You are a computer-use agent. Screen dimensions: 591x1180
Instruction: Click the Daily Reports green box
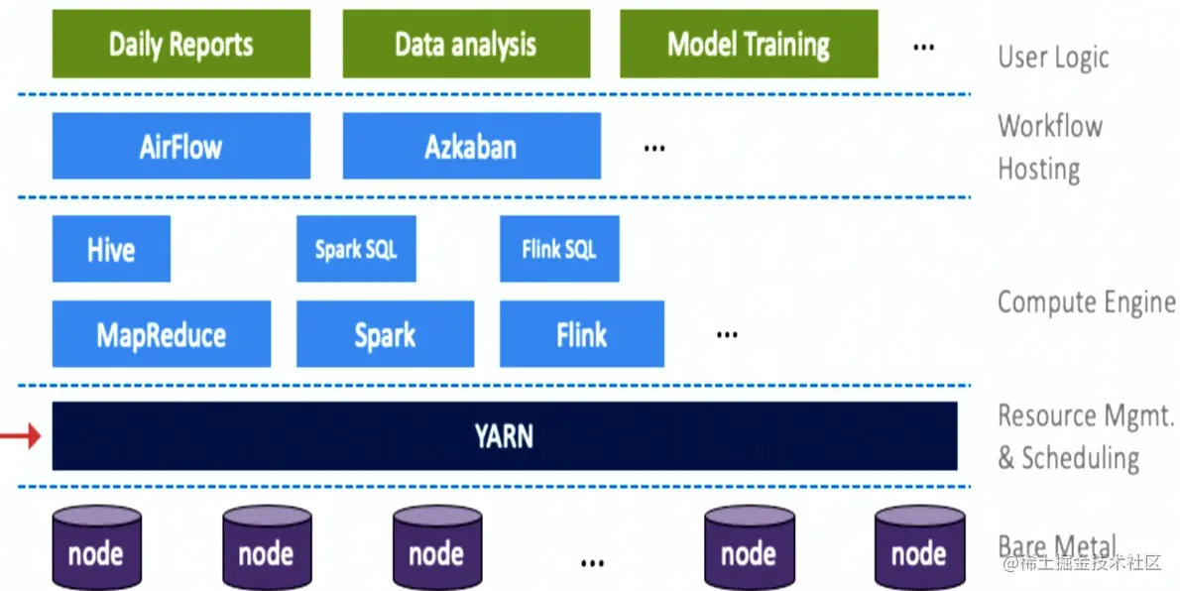[x=180, y=44]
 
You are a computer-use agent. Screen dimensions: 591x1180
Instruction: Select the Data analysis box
[x=466, y=44]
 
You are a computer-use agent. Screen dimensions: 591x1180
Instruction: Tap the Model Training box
[x=749, y=44]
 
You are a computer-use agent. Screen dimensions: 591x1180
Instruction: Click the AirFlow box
[x=180, y=146]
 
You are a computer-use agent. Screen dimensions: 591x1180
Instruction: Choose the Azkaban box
[x=471, y=146]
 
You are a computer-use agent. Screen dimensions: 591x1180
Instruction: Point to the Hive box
[x=111, y=249]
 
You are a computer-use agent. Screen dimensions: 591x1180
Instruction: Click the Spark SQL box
[x=356, y=249]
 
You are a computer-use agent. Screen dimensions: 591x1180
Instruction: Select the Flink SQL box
[x=559, y=249]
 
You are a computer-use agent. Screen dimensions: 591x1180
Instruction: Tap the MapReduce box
[x=161, y=334]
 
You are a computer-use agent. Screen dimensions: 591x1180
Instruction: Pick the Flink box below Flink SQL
[x=581, y=334]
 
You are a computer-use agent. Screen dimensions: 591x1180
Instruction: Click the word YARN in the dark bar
[x=504, y=435]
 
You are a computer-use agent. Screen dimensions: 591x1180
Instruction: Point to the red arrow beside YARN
[x=20, y=435]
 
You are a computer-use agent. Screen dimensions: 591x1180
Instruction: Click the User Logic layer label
[x=1053, y=57]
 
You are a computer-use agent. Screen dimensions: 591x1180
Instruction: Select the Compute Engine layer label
[x=1086, y=301]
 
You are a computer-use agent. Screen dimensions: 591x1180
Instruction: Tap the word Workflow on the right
[x=1049, y=126]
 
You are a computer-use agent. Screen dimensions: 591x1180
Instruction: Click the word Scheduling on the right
[x=1080, y=458]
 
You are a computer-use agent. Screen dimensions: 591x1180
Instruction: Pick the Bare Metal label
[x=1056, y=546]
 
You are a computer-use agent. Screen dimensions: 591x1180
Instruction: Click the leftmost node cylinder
[x=95, y=548]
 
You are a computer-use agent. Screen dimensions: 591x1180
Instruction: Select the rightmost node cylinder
[x=918, y=548]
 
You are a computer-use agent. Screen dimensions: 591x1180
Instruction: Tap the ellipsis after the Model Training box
[x=923, y=47]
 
